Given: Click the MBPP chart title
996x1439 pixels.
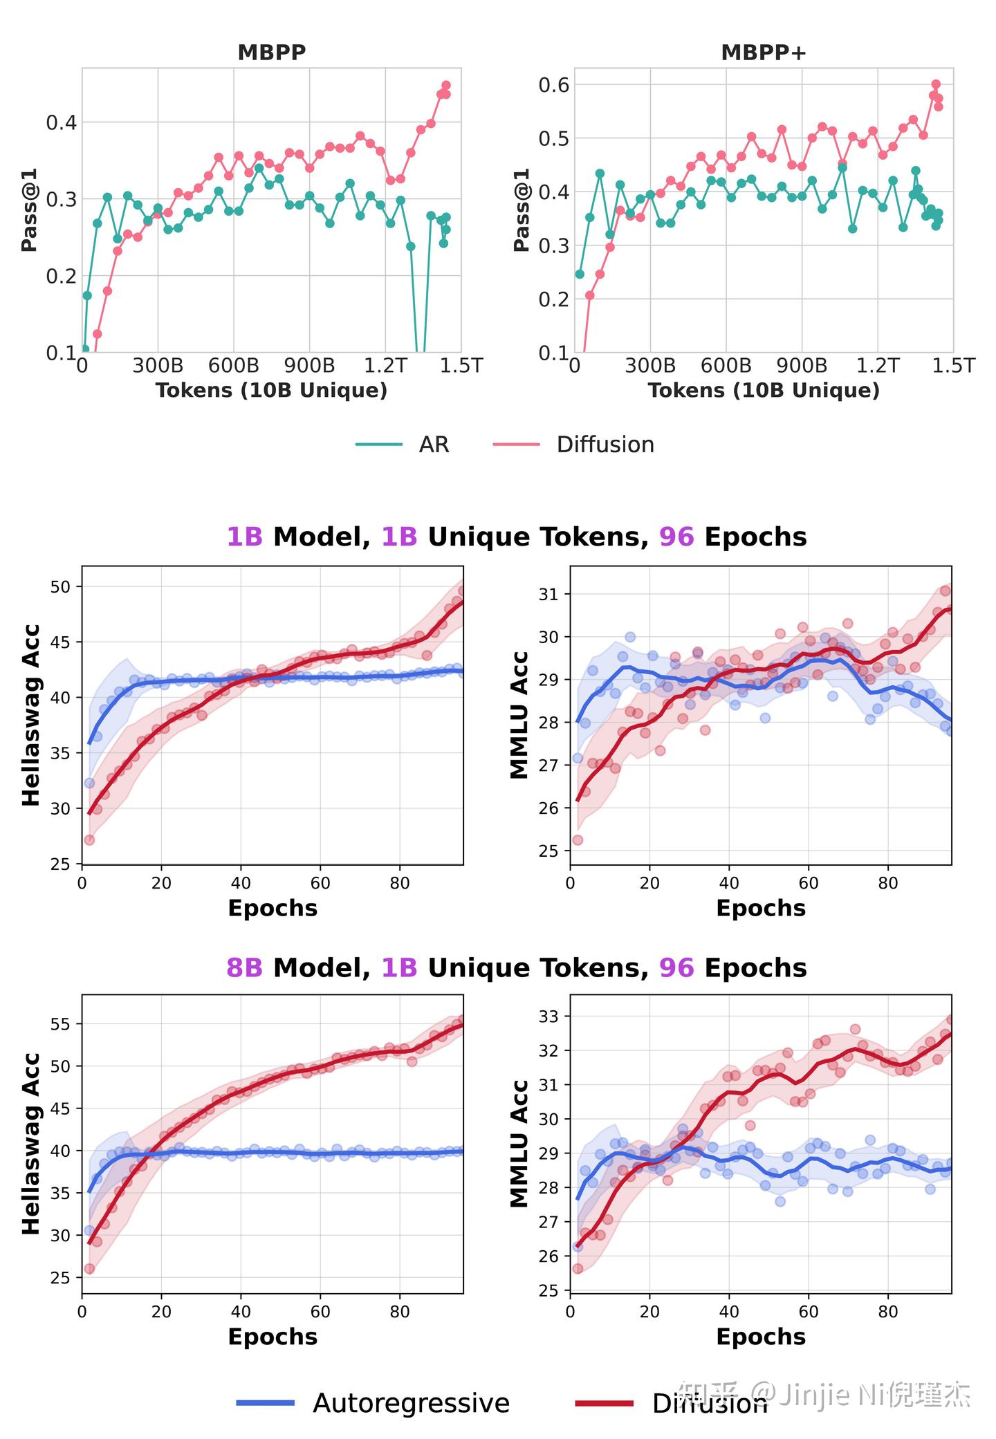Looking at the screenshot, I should (271, 53).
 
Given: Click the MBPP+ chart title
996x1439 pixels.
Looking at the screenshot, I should (763, 53).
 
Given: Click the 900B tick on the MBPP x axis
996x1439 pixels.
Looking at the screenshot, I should (309, 365).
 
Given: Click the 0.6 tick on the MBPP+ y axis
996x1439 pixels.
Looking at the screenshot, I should (553, 84).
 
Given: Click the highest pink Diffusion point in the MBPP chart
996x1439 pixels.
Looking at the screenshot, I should (446, 85).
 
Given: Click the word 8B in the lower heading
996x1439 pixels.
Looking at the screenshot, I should (245, 967).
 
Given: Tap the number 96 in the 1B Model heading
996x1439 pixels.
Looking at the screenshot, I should (676, 537).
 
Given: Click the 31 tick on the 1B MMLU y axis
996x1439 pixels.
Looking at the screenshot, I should (549, 594).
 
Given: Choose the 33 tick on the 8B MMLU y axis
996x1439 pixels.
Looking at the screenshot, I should (549, 1016).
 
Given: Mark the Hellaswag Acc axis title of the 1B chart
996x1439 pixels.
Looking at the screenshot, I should (31, 715).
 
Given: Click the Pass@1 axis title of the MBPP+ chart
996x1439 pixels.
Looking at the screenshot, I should (522, 210).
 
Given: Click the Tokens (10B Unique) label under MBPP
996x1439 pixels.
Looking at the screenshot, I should (271, 390).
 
